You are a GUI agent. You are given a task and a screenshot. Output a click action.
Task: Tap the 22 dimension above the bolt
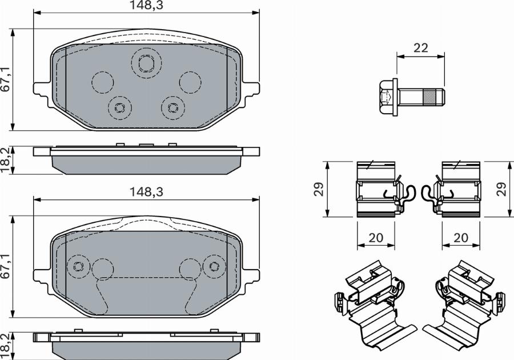click(420, 48)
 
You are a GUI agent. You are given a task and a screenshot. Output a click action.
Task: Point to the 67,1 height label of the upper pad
click(6, 79)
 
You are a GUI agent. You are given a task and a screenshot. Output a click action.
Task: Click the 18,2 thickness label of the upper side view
click(6, 159)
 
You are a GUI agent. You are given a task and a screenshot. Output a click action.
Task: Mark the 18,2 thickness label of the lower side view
click(6, 346)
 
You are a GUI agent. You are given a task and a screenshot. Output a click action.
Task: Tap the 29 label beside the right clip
click(502, 189)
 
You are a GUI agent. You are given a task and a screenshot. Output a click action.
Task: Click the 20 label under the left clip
click(376, 237)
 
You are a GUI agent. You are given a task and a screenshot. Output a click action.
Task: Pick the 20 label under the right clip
click(460, 237)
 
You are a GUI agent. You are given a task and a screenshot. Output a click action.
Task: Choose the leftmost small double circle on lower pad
click(78, 266)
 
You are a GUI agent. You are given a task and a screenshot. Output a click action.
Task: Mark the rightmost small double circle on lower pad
click(214, 266)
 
